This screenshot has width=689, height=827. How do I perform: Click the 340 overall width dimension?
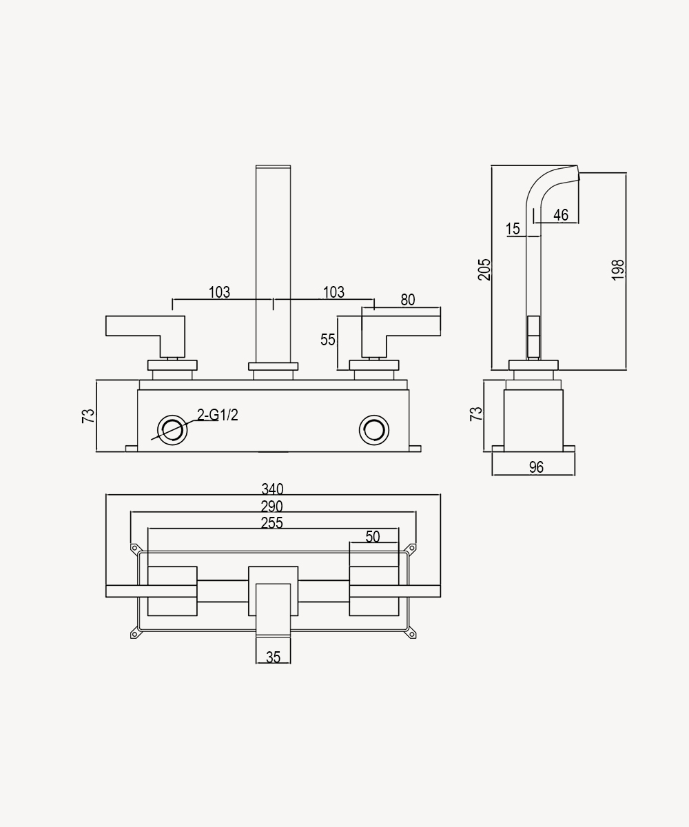(x=272, y=489)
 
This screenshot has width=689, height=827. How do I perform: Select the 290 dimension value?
(x=272, y=507)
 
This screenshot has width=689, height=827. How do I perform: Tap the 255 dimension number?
(x=272, y=523)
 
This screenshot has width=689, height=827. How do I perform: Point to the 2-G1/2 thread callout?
(x=218, y=415)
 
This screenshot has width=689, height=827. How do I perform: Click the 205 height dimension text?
(x=484, y=269)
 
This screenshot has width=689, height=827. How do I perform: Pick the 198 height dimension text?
(x=618, y=270)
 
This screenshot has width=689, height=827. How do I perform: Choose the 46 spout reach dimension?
(x=561, y=215)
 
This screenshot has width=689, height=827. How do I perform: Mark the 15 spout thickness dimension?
(x=513, y=229)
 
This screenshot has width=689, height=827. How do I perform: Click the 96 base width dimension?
(x=537, y=467)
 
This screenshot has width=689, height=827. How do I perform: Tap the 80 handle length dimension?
(x=408, y=300)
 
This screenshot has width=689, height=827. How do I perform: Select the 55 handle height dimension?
(x=328, y=340)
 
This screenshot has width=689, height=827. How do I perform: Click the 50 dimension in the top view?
(x=373, y=537)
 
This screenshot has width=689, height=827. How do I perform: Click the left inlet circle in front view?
(x=172, y=430)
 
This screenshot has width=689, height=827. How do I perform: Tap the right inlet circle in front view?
(x=374, y=430)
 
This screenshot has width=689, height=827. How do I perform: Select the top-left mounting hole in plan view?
(x=134, y=549)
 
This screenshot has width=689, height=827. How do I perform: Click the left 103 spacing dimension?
(x=219, y=292)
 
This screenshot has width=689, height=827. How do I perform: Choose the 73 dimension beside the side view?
(x=476, y=414)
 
